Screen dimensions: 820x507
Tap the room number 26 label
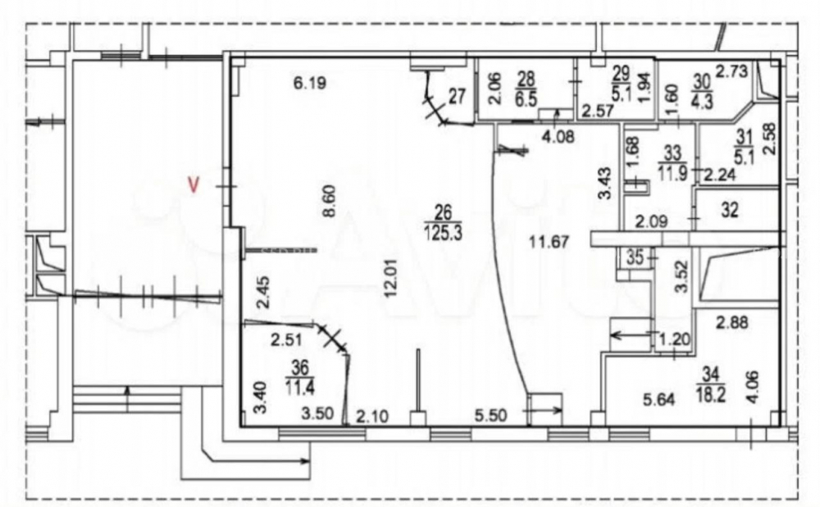(443, 212)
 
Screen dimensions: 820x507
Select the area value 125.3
(443, 232)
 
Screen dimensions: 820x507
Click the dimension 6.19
(310, 83)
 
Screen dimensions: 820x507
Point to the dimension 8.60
(330, 201)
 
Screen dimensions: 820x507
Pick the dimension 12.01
(390, 278)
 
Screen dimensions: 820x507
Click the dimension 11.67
(549, 242)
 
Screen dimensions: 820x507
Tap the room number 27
(457, 96)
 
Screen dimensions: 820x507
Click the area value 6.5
(526, 99)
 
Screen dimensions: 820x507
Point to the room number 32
(730, 210)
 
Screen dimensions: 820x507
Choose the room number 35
(635, 258)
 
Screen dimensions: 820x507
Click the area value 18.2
(711, 395)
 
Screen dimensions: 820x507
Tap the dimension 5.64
(659, 400)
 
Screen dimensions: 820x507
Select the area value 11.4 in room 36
(299, 388)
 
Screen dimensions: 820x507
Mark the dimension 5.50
(491, 416)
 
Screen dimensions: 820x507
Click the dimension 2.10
(372, 417)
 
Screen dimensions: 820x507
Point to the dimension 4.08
(558, 138)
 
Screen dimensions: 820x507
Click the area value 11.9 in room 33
(672, 173)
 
